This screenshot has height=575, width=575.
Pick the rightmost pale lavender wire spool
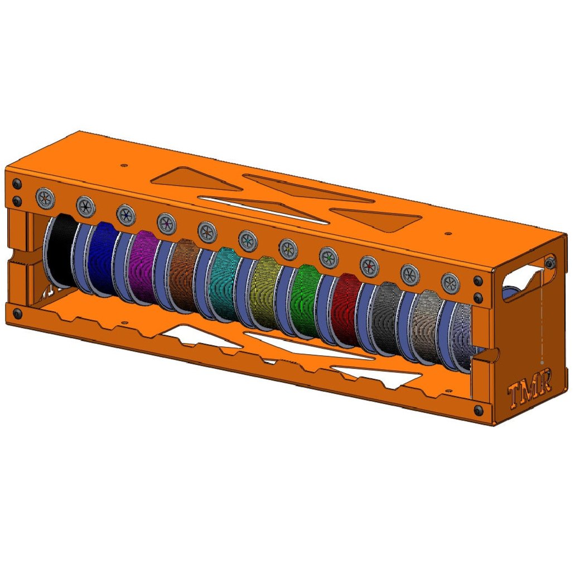click(463, 337)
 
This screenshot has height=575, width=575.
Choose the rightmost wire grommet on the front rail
click(450, 283)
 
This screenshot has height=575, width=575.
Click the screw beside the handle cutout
click(550, 263)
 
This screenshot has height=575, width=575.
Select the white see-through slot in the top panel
click(262, 207)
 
